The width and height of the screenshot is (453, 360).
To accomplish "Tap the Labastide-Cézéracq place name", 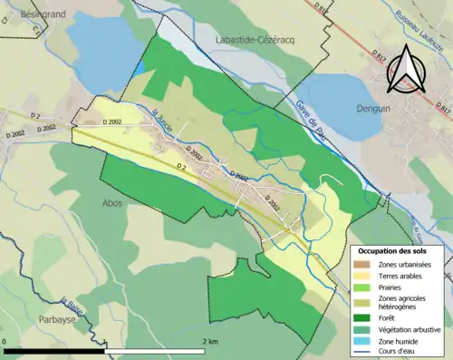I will pos(248,40).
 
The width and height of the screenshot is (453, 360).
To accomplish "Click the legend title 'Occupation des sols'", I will pos(396,250).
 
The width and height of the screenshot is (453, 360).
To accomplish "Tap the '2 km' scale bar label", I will pos(209,341).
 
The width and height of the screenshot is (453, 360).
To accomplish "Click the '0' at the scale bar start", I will pos(5,341).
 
